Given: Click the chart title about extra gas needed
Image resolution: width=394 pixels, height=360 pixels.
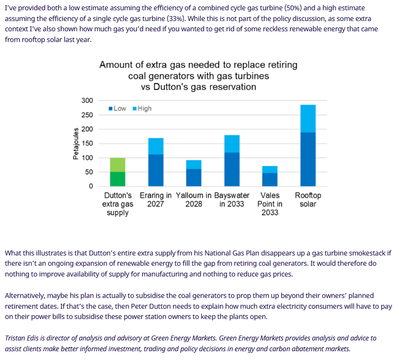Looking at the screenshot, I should [x=198, y=76].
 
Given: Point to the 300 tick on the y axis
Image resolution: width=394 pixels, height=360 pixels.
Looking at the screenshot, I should [x=87, y=101].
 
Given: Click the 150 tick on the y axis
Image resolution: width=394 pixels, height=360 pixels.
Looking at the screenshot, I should [x=87, y=144].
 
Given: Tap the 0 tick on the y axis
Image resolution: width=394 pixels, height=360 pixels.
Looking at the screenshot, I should [x=90, y=186].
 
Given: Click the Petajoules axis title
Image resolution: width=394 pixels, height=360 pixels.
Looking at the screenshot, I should [x=76, y=144].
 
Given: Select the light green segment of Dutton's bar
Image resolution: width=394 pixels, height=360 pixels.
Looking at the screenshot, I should [x=117, y=165].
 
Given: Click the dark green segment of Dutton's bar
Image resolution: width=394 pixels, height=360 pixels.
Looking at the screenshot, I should [x=117, y=179].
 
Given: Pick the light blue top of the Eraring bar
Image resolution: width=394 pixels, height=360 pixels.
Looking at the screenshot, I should [x=156, y=146].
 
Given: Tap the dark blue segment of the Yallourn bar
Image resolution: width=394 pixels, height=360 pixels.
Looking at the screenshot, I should [x=194, y=177].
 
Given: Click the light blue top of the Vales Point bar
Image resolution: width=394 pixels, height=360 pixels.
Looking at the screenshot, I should [x=270, y=169].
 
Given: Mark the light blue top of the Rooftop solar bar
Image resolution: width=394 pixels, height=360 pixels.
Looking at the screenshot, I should [x=308, y=118].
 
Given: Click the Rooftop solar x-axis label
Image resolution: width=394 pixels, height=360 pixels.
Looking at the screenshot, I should [x=308, y=200].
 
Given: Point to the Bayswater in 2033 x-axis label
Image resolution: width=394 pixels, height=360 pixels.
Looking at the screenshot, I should [x=232, y=200].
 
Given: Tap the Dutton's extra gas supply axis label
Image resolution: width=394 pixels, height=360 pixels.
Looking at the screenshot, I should [x=117, y=204].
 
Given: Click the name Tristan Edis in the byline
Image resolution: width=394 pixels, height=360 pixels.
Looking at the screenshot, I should [x=23, y=338].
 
